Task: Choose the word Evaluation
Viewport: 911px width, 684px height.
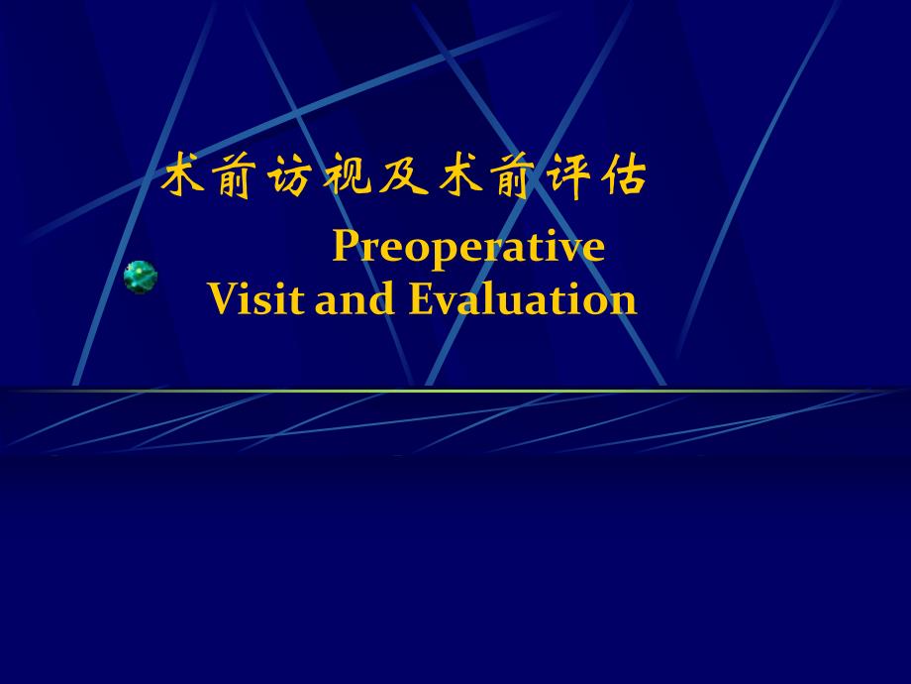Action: point(523,299)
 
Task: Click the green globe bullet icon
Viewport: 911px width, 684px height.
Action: point(141,277)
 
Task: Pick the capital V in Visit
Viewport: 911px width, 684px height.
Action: point(222,299)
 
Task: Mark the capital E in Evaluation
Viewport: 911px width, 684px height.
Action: point(420,299)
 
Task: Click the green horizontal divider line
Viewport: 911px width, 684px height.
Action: point(455,391)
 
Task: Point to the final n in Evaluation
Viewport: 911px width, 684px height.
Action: point(625,302)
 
